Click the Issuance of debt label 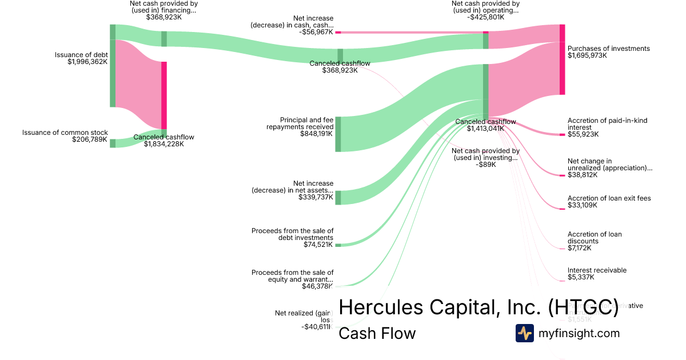pos(81,55)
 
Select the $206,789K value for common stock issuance pos(90,139)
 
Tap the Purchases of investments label pos(608,49)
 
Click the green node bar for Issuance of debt pos(113,66)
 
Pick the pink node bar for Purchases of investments pos(562,59)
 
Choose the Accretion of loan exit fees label pos(609,198)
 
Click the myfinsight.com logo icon pos(525,333)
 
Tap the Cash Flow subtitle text pos(377,333)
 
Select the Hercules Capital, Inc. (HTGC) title pos(478,307)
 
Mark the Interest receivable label pos(597,270)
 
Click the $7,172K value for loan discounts pos(579,248)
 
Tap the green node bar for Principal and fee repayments pos(338,134)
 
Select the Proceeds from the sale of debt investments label pos(292,234)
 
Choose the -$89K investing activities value pos(485,165)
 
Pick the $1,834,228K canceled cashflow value pos(163,144)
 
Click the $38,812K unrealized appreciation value pos(583,175)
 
